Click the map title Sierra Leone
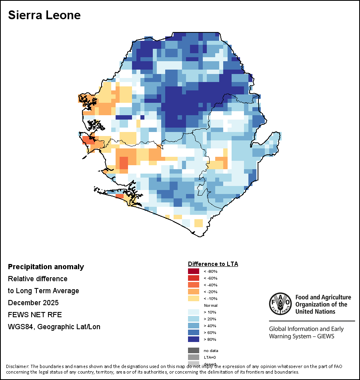44,15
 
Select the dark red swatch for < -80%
194,271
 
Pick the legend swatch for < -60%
194,278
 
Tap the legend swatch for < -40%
194,285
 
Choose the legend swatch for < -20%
194,292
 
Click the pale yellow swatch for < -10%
194,298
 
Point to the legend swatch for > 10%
194,312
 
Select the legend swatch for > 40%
194,326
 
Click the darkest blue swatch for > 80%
194,339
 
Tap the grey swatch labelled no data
194,350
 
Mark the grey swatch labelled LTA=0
194,357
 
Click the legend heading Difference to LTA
213,264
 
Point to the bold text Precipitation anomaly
46,267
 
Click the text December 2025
33,303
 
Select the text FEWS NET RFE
35,315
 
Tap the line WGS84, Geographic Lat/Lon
54,327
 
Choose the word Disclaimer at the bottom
17,366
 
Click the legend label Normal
210,305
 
